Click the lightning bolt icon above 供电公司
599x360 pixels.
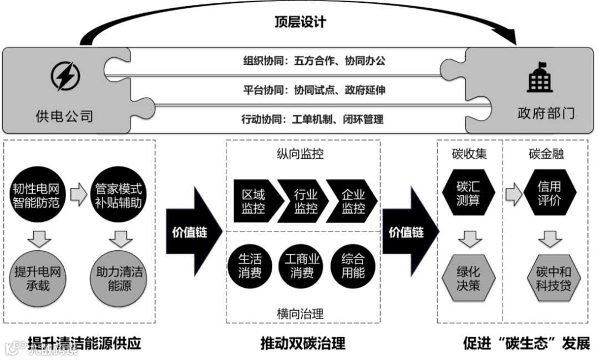tap(65, 77)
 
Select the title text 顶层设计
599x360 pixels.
tap(300, 22)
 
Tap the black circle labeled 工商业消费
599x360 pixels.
tap(302, 266)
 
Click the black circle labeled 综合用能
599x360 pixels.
tap(353, 266)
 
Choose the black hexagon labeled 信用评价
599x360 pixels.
tap(549, 192)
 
